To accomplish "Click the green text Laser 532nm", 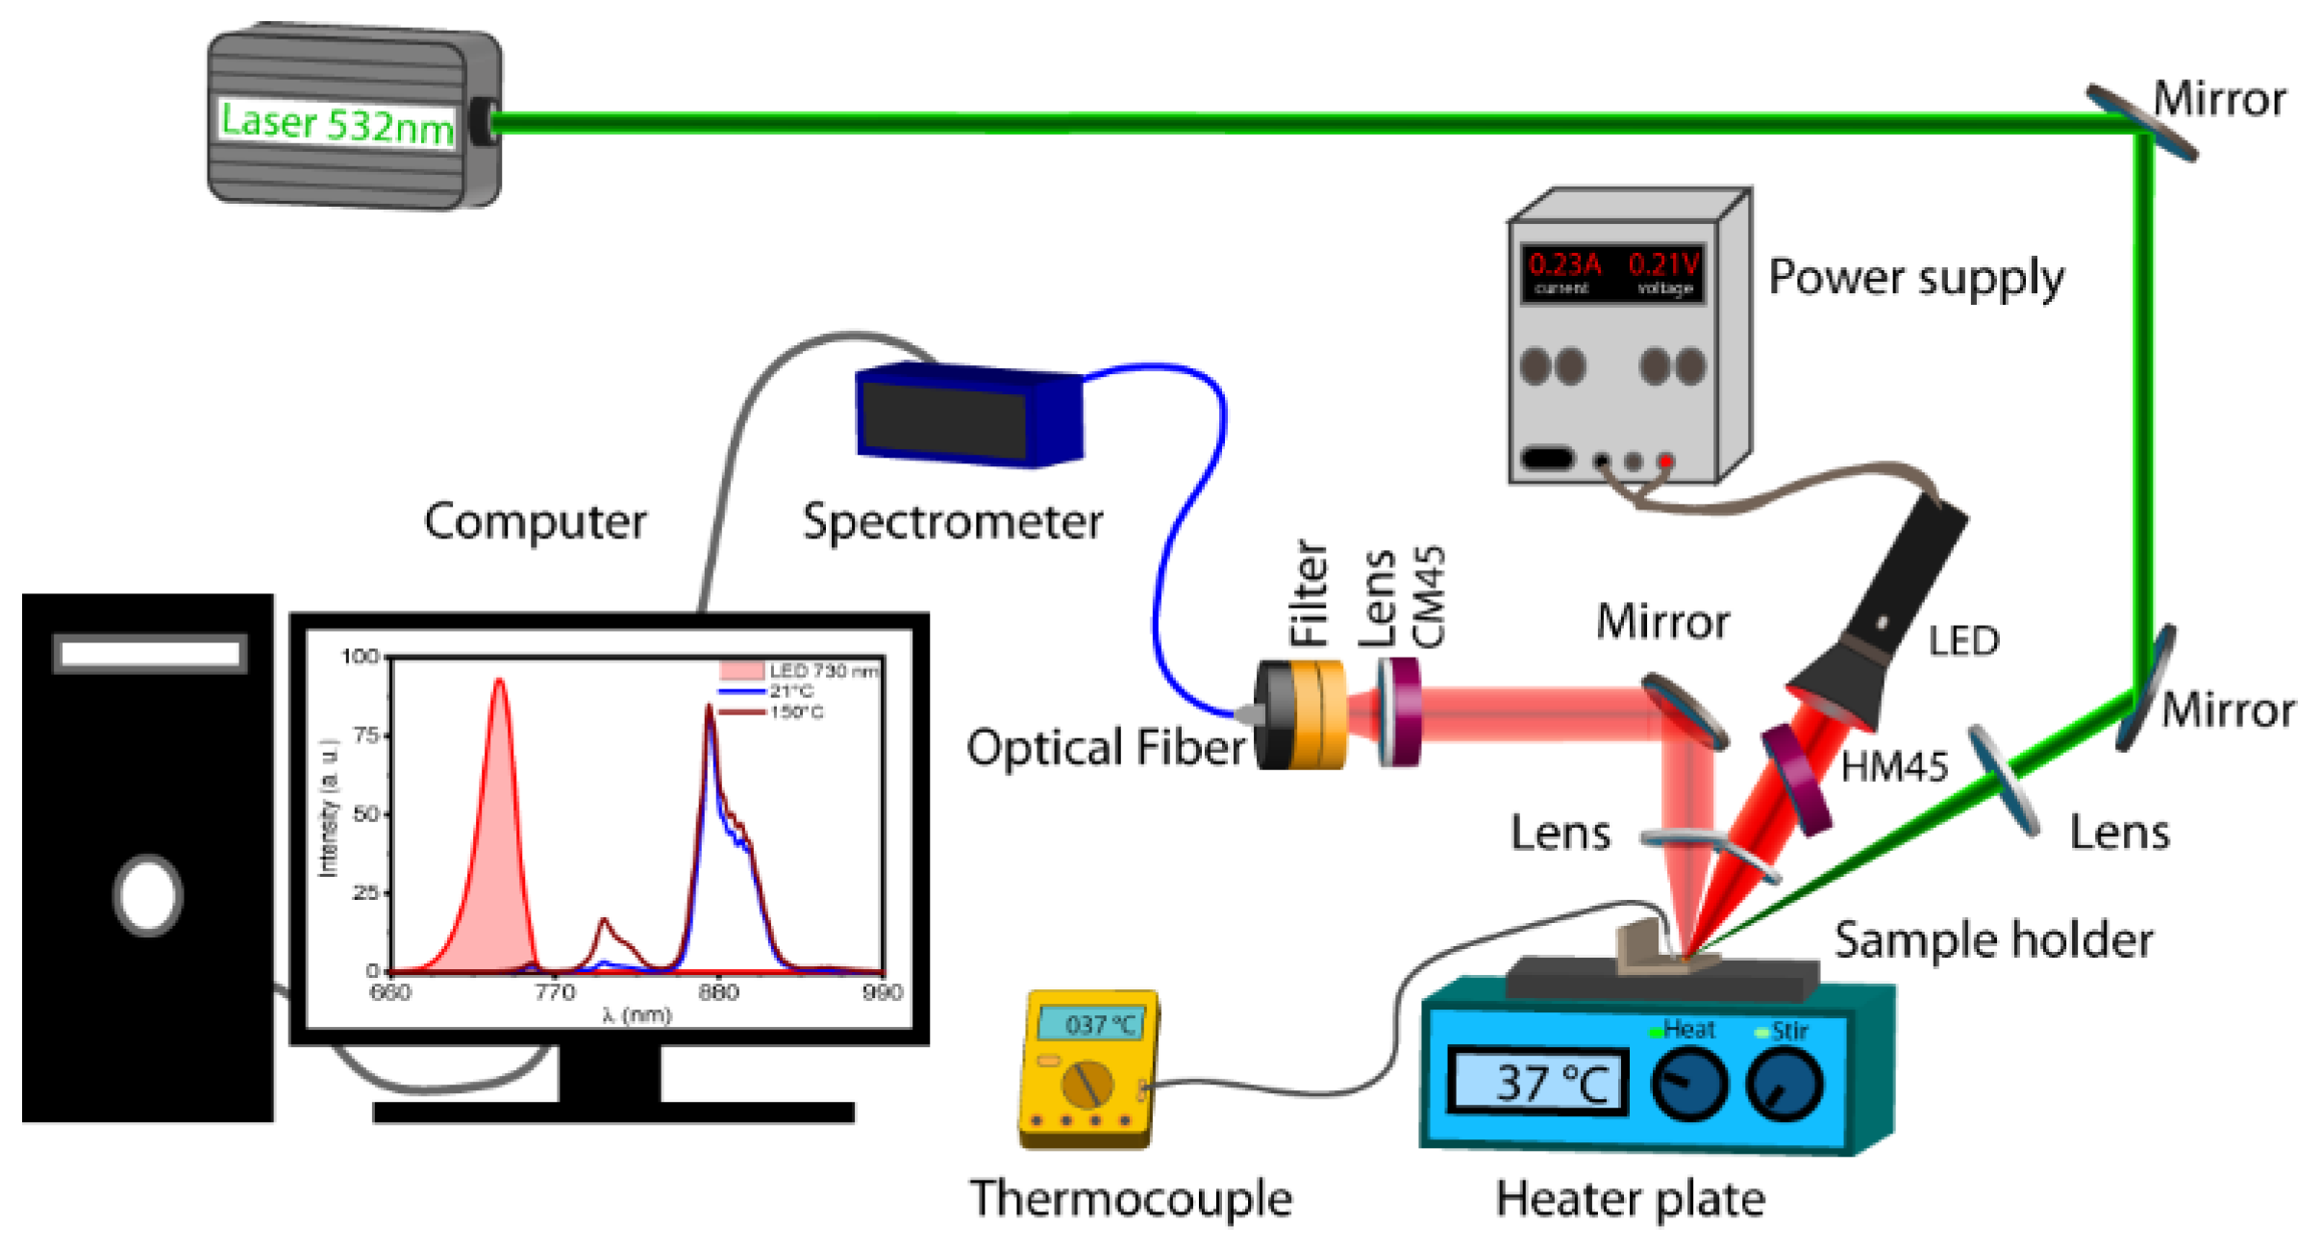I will point(336,123).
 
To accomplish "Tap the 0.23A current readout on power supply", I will point(1564,264).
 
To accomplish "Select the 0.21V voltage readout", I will point(1663,264).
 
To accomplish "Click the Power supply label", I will point(1915,279).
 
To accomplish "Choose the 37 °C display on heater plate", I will point(1536,1084).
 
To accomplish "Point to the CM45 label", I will point(1429,597).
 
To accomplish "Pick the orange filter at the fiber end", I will point(1317,714).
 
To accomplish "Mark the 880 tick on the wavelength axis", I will point(718,993).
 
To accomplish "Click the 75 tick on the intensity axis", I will point(366,736).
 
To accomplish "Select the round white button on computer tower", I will point(147,895).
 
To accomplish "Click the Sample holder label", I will point(1992,941).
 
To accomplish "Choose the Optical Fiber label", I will point(1106,748).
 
